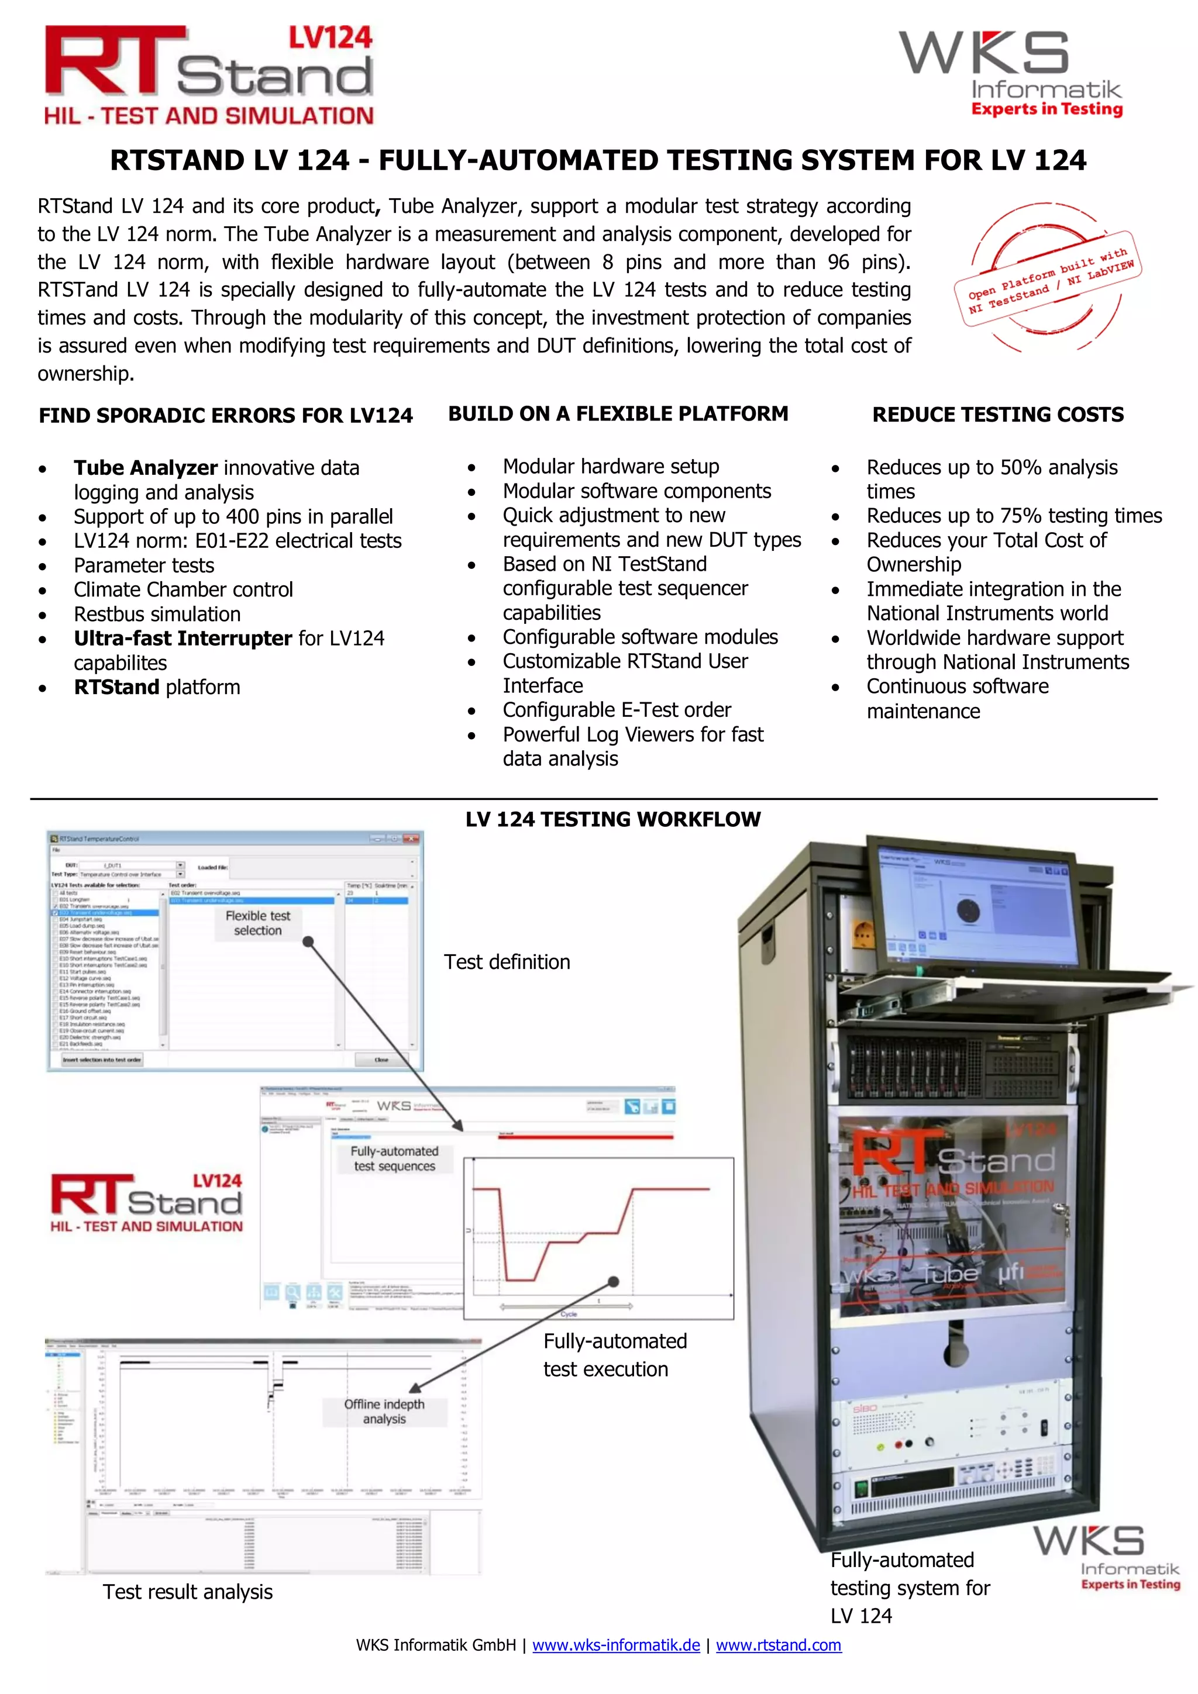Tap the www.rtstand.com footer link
778,1644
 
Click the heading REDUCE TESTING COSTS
997,415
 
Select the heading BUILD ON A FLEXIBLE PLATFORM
618,414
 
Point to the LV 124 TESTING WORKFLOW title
612,819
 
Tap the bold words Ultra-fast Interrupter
183,638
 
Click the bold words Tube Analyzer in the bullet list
146,468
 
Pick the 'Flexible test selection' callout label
257,923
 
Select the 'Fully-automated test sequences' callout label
394,1158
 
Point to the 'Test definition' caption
507,962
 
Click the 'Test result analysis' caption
188,1592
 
